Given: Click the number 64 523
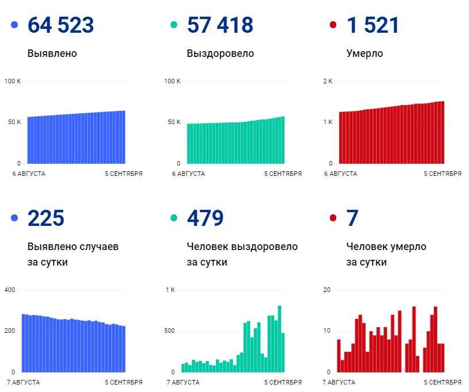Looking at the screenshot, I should [60, 25].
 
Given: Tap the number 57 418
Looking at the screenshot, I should [220, 25].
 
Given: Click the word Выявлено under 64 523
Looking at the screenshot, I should [52, 54].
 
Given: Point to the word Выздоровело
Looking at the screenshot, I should [220, 54].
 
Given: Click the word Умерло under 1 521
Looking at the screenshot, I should [364, 54].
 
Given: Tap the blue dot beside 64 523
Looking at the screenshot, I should [14, 25].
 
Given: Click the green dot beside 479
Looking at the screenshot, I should [174, 218].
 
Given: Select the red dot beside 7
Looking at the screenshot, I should [333, 218].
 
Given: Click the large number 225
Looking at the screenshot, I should [46, 218].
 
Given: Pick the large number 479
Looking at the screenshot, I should [205, 218].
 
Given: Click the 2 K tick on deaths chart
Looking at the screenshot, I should [328, 81].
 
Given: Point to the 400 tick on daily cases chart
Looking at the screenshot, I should [10, 290].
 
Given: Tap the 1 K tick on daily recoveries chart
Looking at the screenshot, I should [170, 290].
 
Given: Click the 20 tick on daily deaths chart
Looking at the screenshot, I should [327, 290].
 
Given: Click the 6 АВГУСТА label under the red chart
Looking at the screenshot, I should [340, 174].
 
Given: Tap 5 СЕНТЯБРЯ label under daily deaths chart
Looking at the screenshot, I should [443, 382].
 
